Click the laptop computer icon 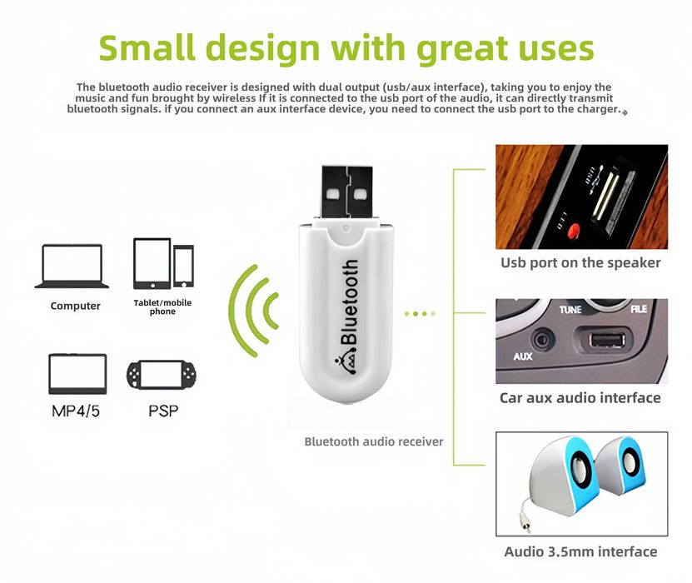click(72, 267)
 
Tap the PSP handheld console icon click(162, 375)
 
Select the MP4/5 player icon click(77, 374)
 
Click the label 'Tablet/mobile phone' click(162, 306)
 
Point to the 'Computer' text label click(76, 306)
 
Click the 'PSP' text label click(163, 411)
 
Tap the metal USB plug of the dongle click(347, 192)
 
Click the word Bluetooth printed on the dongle click(349, 301)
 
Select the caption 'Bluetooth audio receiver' click(374, 441)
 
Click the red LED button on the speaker click(574, 231)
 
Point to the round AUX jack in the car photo click(542, 340)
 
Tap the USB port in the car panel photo click(607, 341)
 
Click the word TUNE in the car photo click(570, 310)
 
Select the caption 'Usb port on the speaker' click(580, 262)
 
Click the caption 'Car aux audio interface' click(580, 397)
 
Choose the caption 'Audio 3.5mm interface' click(580, 551)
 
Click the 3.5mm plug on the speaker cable click(525, 527)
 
